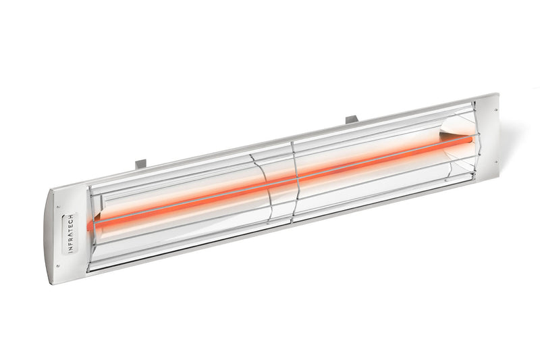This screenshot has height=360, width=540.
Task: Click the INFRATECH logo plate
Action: (x=70, y=234)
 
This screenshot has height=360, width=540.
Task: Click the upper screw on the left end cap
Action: (x=59, y=207)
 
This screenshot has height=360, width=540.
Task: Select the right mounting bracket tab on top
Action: (x=351, y=120)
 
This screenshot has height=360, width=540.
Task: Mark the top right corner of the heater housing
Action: (x=498, y=95)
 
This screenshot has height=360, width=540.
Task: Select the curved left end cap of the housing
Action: (x=64, y=236)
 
